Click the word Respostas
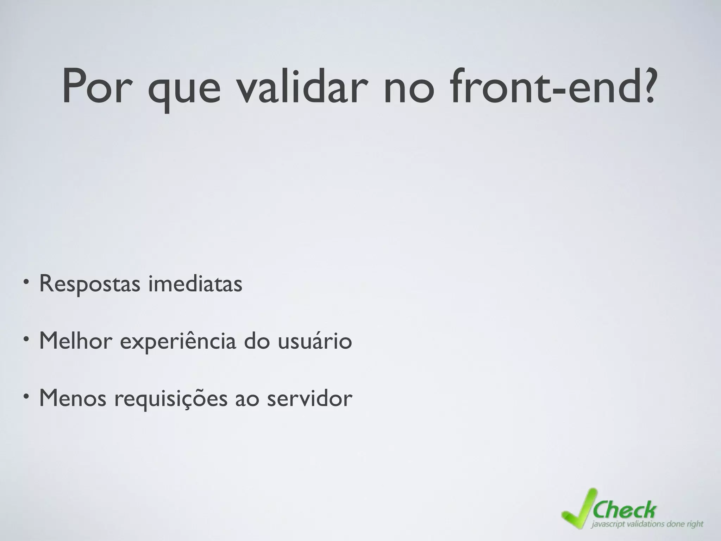[x=90, y=284]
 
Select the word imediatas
[x=195, y=283]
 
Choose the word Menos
[x=72, y=398]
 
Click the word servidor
[x=309, y=398]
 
